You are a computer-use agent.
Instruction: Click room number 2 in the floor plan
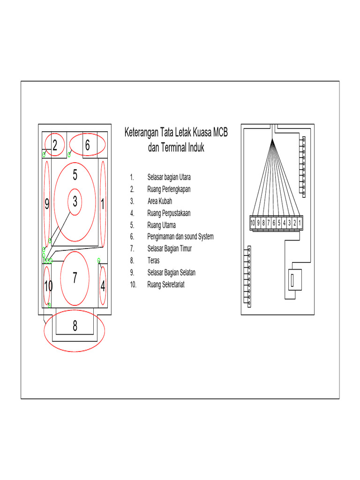click(x=55, y=146)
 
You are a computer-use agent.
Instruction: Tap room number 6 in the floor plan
click(x=87, y=146)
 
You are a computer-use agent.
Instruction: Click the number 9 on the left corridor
click(x=47, y=204)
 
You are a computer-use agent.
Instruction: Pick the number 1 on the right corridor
click(x=102, y=204)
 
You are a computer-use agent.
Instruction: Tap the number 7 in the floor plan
click(x=75, y=278)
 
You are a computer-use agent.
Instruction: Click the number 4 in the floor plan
click(x=103, y=285)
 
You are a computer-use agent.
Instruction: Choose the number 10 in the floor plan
click(x=48, y=285)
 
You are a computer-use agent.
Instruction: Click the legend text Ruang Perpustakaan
click(x=169, y=213)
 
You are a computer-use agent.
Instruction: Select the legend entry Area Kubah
click(x=159, y=201)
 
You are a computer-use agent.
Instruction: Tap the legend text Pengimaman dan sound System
click(x=180, y=237)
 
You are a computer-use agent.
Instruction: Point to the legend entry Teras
click(x=153, y=261)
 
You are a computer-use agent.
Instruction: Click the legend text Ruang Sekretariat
click(x=165, y=285)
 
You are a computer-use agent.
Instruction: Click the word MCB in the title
click(x=219, y=133)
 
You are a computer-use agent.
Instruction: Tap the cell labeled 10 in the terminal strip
click(x=253, y=223)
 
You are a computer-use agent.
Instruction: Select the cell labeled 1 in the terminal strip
click(x=300, y=223)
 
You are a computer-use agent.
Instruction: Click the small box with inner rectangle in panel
click(x=292, y=281)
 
